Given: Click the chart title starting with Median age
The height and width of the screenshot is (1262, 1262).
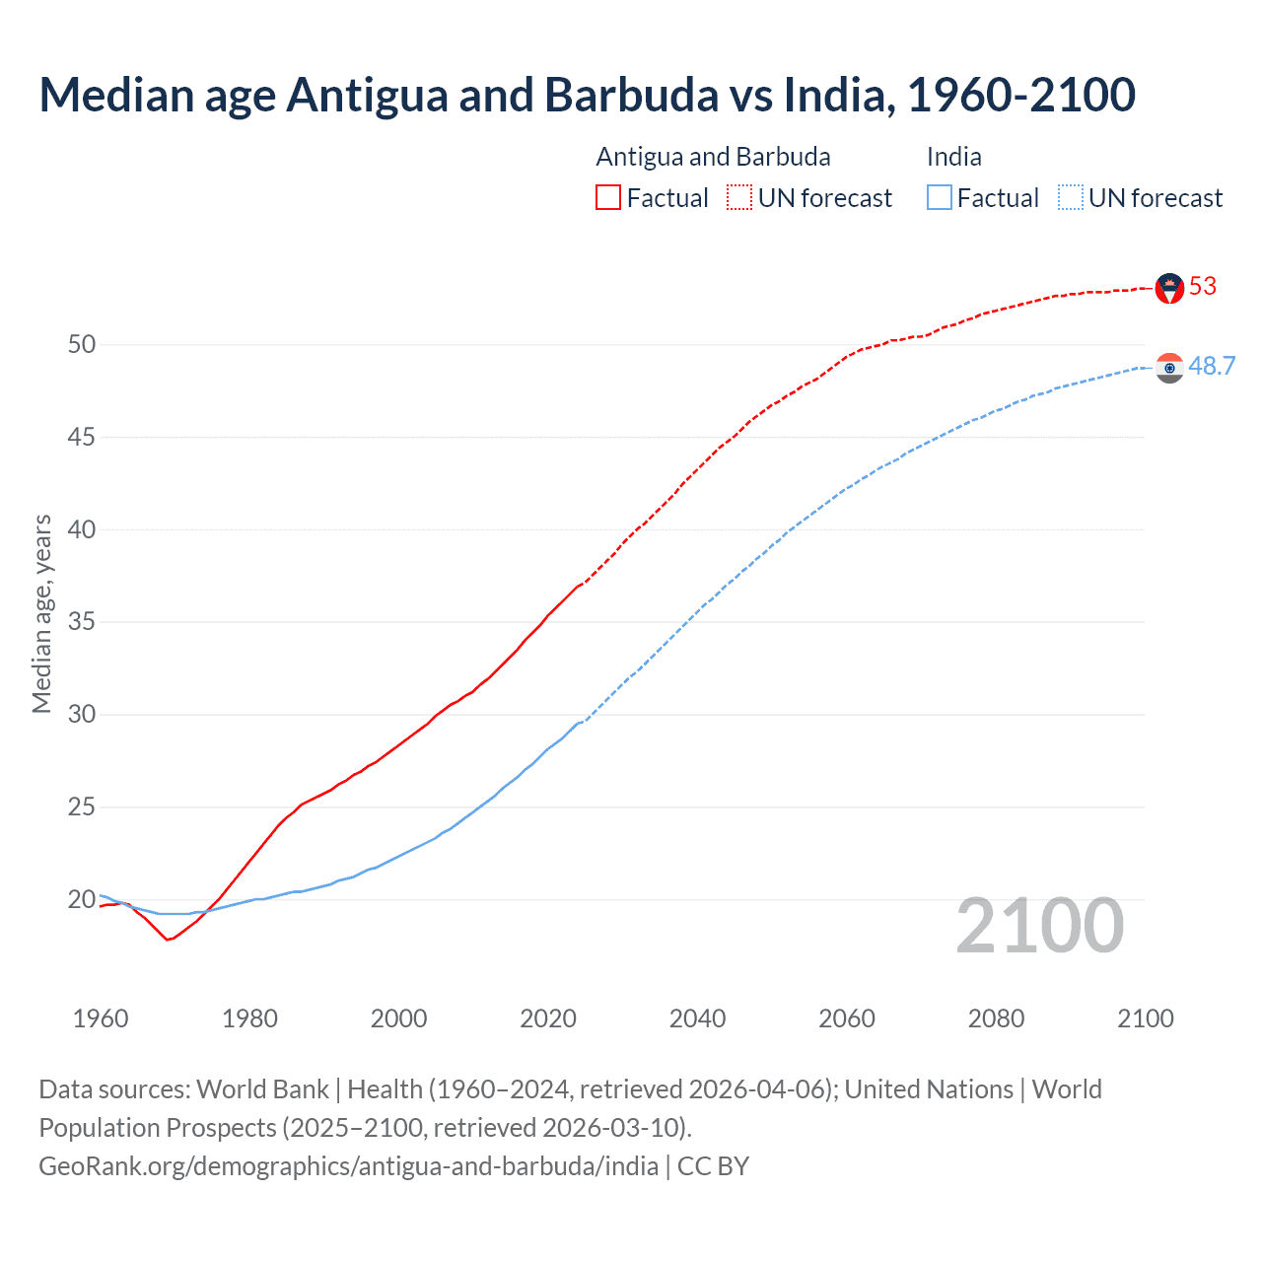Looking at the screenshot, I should [x=587, y=95].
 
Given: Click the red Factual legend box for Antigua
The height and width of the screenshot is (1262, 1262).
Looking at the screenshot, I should [x=608, y=198].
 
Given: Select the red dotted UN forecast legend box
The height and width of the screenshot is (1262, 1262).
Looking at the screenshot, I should [x=739, y=198].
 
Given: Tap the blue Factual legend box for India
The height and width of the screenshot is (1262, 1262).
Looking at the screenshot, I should [x=940, y=198].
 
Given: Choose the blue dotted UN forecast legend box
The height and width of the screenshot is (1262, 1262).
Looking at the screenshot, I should [x=1071, y=198].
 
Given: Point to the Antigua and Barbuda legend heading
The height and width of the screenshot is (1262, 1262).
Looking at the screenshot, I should [x=713, y=157].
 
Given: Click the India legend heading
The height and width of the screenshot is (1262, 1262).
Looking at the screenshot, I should [x=953, y=157].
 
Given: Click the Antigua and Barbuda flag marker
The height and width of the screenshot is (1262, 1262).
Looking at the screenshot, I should [x=1169, y=288].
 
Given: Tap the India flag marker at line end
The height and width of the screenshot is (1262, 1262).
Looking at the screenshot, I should [x=1169, y=368].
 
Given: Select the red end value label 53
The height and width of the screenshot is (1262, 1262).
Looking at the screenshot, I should [x=1203, y=287].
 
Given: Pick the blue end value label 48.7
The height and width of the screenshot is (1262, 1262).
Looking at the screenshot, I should [x=1212, y=367].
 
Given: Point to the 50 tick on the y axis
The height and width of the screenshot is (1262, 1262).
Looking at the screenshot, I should [x=82, y=344].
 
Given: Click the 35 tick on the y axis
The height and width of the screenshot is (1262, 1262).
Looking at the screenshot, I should [x=82, y=622].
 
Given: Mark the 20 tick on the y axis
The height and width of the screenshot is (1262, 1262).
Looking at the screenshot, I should [x=82, y=899].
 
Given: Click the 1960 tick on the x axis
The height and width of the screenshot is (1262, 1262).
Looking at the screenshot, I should [x=101, y=1018].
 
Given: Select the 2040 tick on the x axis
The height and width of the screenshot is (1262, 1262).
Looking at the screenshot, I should [x=697, y=1018].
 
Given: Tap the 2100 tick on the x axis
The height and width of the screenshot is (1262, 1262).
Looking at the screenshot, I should [x=1145, y=1018].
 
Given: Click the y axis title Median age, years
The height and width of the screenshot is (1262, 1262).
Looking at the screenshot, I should [x=41, y=613].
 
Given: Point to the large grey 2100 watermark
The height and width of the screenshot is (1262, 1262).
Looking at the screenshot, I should [x=1039, y=925].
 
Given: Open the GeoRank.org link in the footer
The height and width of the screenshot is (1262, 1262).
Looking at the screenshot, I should [x=348, y=1166].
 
